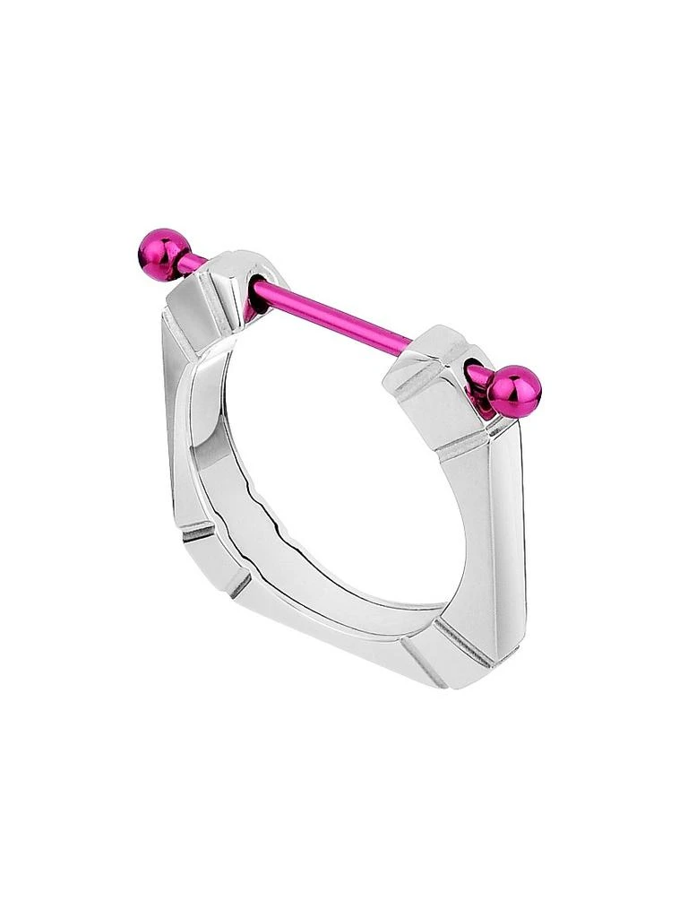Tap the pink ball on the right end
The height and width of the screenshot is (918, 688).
tap(516, 391)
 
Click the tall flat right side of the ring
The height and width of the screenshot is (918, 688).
tap(497, 529)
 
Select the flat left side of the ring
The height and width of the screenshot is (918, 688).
tap(179, 430)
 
